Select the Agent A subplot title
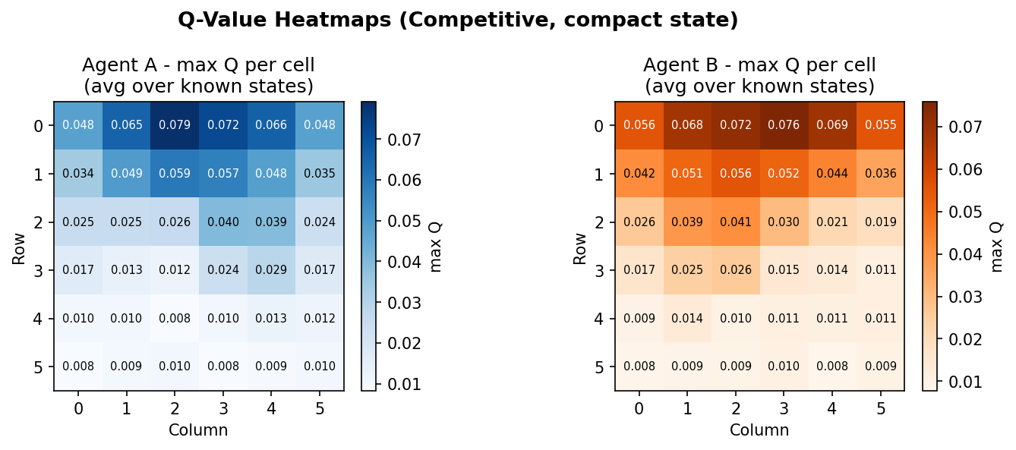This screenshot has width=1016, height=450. click(198, 75)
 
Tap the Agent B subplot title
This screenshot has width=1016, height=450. click(759, 75)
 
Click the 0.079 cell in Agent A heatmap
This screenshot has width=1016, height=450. click(175, 125)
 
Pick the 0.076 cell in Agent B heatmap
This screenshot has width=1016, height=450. click(784, 125)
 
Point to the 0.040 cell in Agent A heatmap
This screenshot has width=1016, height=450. click(223, 222)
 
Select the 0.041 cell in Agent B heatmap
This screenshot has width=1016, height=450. click(736, 222)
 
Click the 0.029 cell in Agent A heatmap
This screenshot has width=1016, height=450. click(271, 270)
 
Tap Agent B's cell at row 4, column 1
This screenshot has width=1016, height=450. click(687, 318)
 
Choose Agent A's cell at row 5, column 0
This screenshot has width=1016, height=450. click(78, 367)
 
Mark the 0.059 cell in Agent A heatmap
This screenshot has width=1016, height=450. click(175, 174)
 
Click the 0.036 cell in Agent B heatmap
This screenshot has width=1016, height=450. click(880, 174)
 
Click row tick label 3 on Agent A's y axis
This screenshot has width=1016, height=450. click(37, 270)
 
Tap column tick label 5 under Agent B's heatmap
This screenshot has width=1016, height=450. click(880, 409)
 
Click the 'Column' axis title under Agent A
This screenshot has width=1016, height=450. click(198, 430)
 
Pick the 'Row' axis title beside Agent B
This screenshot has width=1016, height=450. click(581, 247)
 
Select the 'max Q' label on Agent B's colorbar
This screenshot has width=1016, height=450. click(997, 247)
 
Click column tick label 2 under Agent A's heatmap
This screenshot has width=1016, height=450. click(175, 409)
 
